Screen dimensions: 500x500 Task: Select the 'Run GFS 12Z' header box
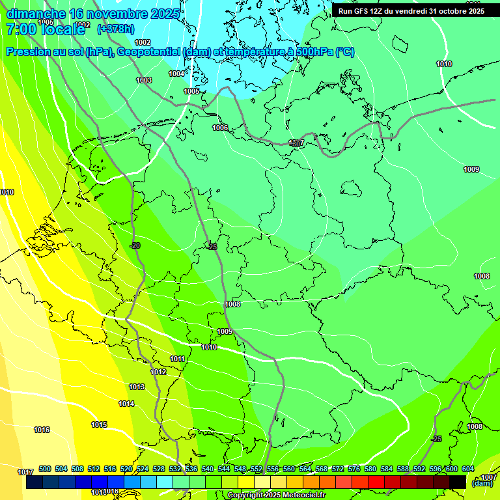pyautogui.click(x=411, y=10)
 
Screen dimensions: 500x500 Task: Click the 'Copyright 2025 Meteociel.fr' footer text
pyautogui.click(x=276, y=495)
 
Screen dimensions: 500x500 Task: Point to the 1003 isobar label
pyautogui.click(x=144, y=80)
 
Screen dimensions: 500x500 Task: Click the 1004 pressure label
pyautogui.click(x=176, y=74)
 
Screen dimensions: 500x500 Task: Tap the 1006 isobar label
pyautogui.click(x=220, y=128)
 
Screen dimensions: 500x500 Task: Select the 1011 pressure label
pyautogui.click(x=177, y=359)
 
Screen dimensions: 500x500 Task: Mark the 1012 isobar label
pyautogui.click(x=158, y=372)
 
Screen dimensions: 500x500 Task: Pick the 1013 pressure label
pyautogui.click(x=136, y=387)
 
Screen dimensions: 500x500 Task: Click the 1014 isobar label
pyautogui.click(x=126, y=404)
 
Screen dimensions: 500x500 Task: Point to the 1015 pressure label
pyautogui.click(x=99, y=424)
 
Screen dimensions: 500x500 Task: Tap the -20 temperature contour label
pyautogui.click(x=135, y=245)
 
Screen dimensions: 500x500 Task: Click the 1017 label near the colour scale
pyautogui.click(x=25, y=471)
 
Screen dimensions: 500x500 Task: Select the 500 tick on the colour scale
pyautogui.click(x=45, y=469)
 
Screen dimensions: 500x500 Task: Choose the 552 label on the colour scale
pyautogui.click(x=257, y=469)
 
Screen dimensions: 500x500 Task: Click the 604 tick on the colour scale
pyautogui.click(x=468, y=469)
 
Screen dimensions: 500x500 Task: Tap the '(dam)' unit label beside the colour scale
pyautogui.click(x=482, y=483)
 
